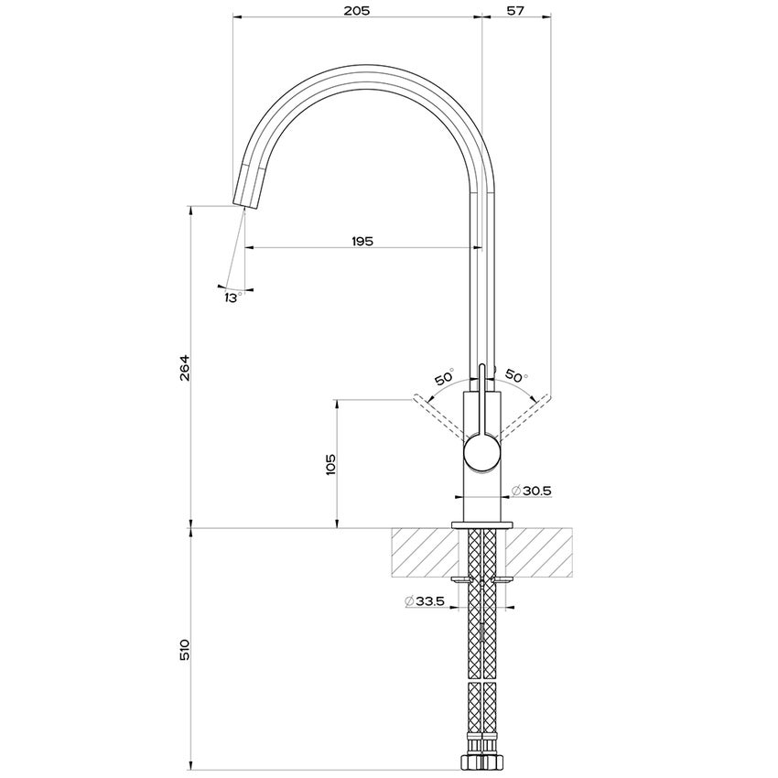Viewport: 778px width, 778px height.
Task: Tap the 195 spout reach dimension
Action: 362,241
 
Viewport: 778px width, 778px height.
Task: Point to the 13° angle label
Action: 232,298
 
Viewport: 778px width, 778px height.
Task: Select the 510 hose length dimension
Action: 184,651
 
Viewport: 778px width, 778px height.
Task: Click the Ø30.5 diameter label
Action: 531,492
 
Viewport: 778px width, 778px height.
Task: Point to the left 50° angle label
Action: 444,377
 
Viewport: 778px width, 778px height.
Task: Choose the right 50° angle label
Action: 516,377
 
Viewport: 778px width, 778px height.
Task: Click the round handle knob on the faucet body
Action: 482,454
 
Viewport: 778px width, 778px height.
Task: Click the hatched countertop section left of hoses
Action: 425,552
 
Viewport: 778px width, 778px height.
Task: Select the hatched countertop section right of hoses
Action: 539,552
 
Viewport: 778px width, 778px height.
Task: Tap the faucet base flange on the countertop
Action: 482,524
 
